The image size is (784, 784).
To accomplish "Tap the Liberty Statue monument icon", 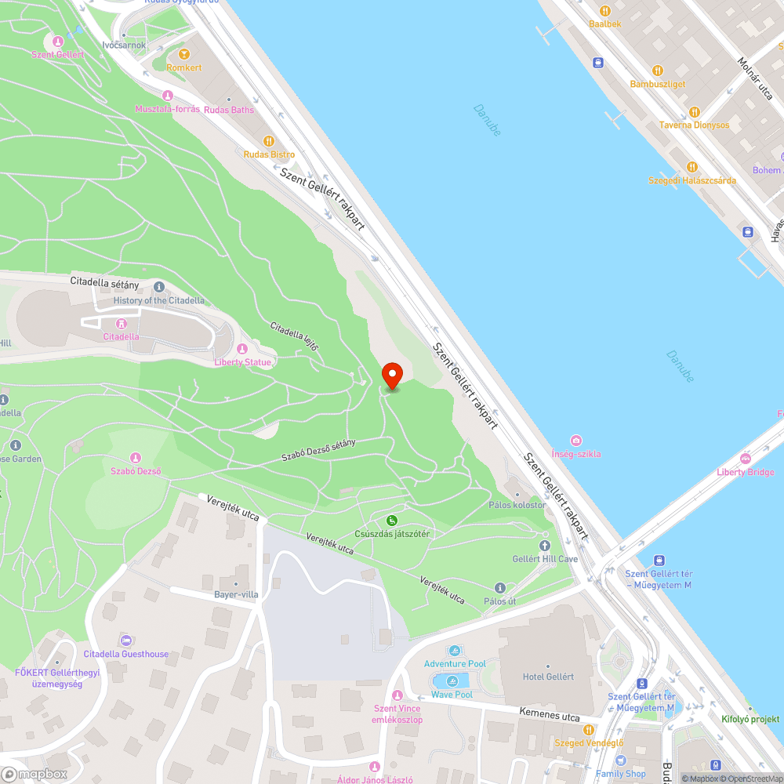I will pos(241,349).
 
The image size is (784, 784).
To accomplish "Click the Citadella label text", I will pos(122,337).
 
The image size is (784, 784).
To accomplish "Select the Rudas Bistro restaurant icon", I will pos(269,141).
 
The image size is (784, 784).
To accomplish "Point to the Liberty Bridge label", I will pos(745,472).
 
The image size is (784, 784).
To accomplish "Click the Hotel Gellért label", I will pos(548,677).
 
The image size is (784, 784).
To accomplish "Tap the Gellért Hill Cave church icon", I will pos(545,546).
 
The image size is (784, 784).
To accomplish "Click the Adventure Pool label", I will pos(455,664).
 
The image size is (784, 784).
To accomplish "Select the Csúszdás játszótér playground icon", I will pos(391,521).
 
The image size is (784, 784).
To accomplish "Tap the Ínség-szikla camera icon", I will pos(576,441).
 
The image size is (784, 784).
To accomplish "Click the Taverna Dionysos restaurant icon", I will pos(693,111).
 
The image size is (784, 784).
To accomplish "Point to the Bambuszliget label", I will pos(657,84).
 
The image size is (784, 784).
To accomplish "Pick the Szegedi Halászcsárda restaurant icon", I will pos(692,167).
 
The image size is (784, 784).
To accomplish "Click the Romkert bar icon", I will pos(184,54).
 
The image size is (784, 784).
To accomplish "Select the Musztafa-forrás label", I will pos(167,109).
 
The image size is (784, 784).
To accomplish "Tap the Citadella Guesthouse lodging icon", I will pos(125,641).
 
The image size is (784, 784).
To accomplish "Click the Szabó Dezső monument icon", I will pos(136,458).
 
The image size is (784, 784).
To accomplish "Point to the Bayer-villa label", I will pos(236,594).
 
